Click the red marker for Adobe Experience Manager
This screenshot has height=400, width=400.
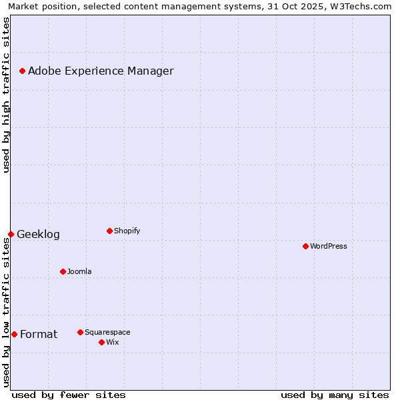[x=22, y=71]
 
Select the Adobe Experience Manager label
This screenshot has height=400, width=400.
[x=101, y=71]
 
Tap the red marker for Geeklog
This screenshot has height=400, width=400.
[x=11, y=234]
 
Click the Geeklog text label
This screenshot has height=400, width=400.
[x=38, y=235]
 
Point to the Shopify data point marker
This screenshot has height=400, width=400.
[x=109, y=231]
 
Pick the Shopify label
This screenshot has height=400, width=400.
[x=127, y=231]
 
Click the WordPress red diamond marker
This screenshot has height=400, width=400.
[x=305, y=246]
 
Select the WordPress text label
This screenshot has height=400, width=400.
[x=328, y=246]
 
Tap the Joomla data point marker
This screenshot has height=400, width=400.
[x=63, y=271]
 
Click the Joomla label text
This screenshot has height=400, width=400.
[x=79, y=271]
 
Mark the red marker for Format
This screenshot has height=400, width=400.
[x=14, y=334]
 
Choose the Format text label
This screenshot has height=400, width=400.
[x=39, y=335]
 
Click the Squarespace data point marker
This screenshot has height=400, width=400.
[x=80, y=332]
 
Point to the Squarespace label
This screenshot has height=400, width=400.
[x=107, y=332]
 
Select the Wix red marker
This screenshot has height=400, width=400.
[x=101, y=342]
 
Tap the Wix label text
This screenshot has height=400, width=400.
[x=112, y=342]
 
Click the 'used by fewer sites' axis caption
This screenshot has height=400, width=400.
[x=69, y=395]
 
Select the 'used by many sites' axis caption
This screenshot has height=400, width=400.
[x=335, y=395]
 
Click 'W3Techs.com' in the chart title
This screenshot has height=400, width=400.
[x=363, y=6]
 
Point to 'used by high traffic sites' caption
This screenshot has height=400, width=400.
[x=6, y=95]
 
